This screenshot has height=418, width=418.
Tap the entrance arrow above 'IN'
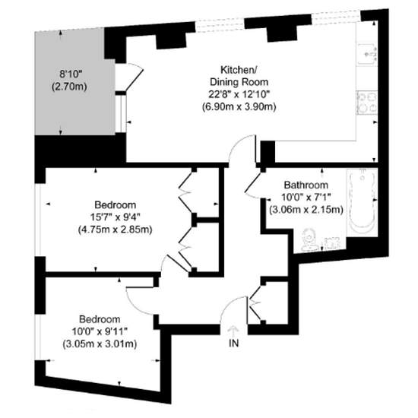(234, 329)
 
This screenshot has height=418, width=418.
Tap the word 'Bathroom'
(306, 185)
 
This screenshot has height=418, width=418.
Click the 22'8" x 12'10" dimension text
(238, 94)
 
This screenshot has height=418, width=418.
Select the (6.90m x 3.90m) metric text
(238, 106)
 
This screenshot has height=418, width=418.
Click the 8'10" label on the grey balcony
(71, 74)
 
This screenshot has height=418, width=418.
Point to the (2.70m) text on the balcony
(71, 87)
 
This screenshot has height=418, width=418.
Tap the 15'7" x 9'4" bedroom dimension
(115, 218)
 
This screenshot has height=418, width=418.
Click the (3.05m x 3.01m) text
(99, 344)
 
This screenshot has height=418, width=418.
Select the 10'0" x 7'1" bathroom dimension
(302, 198)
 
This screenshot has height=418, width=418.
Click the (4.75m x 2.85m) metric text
(115, 230)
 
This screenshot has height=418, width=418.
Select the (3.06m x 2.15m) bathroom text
(302, 210)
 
